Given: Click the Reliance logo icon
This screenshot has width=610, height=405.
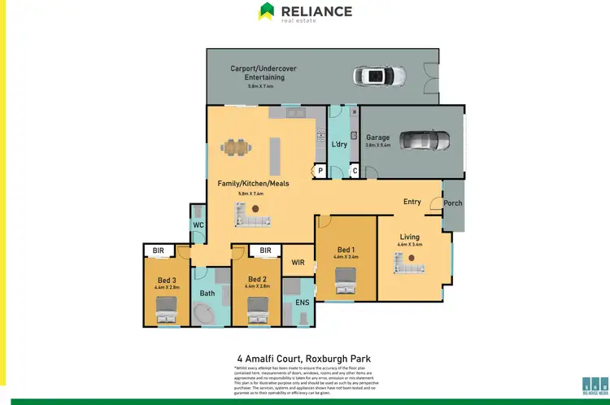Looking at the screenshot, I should (x=267, y=11).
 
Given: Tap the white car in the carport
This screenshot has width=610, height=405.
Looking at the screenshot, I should (x=373, y=77).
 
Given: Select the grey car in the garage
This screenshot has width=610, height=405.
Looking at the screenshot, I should (x=424, y=139).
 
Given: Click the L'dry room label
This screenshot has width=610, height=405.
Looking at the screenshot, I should (x=340, y=144).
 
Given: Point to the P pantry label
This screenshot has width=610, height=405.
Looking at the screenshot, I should (x=320, y=171).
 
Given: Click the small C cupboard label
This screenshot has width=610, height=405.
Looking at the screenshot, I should (x=355, y=171).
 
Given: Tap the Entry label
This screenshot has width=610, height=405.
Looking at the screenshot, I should (x=412, y=202).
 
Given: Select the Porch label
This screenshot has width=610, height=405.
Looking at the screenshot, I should (x=453, y=203).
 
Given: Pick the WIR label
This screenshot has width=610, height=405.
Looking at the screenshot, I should (x=298, y=262).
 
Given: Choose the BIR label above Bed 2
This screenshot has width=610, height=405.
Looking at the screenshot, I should (x=264, y=251).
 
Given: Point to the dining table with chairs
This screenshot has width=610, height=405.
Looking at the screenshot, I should (x=237, y=147).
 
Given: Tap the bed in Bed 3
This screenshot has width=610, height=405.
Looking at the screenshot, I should (x=166, y=308).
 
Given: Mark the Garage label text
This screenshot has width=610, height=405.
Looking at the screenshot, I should (x=377, y=137).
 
